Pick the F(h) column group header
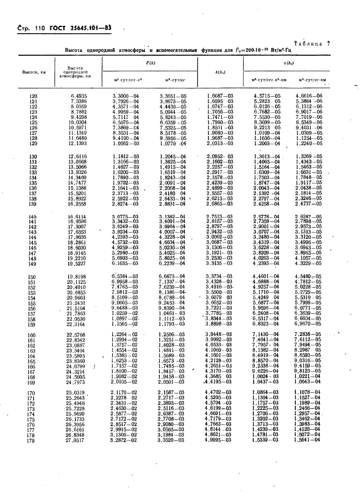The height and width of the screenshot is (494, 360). pyautogui.click(x=150, y=64)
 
